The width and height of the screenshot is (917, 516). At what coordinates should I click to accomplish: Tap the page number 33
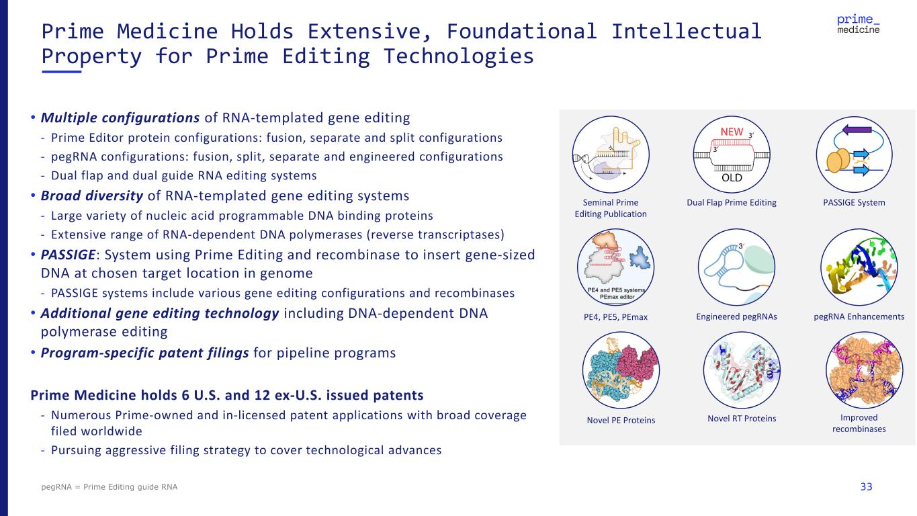(x=866, y=486)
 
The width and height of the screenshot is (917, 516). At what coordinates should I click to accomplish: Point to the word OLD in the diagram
(x=732, y=178)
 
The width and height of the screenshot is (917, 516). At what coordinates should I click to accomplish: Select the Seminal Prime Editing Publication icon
(x=610, y=154)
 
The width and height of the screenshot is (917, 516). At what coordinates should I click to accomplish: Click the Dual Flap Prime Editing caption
(x=732, y=202)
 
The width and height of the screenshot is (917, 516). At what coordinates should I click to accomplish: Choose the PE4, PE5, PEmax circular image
(x=611, y=267)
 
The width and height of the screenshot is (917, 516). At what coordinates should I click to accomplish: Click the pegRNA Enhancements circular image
(x=859, y=267)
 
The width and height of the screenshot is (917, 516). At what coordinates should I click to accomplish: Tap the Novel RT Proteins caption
(x=742, y=419)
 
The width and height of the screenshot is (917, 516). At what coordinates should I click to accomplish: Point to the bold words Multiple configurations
(x=120, y=118)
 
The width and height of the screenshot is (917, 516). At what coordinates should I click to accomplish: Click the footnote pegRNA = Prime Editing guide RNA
(x=110, y=486)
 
